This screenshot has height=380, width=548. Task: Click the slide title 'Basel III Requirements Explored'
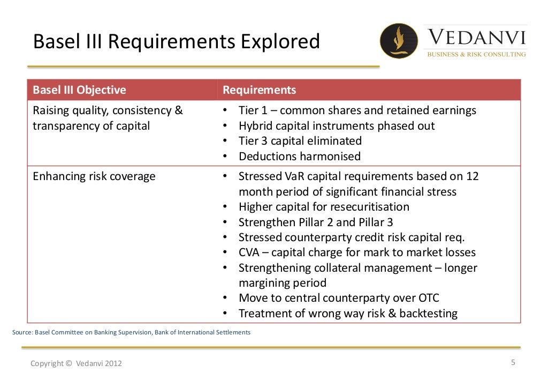177,41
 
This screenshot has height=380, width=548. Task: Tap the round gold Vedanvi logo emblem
399,41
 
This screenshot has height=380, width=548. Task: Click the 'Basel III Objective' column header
79,90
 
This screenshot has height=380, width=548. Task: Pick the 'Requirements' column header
259,90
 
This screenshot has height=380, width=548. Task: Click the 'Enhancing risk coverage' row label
94,176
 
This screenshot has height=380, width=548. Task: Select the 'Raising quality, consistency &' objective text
108,110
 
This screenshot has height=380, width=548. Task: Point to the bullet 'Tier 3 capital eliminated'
300,141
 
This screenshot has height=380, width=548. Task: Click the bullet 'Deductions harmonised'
299,157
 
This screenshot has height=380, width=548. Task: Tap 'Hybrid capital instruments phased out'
336,126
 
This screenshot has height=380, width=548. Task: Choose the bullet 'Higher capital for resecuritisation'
323,207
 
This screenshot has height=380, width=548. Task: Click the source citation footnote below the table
131,332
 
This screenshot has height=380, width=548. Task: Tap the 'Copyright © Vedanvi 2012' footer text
76,363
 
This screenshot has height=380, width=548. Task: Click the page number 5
513,362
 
